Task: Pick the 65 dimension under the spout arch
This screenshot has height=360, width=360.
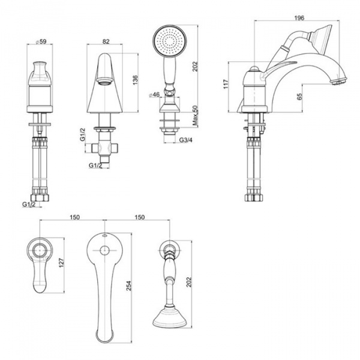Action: click(x=299, y=97)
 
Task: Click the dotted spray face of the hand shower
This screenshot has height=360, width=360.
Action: click(x=170, y=41)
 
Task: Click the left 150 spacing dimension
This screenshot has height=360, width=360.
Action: click(x=74, y=217)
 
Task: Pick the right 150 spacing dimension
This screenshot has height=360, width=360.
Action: click(x=139, y=217)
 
